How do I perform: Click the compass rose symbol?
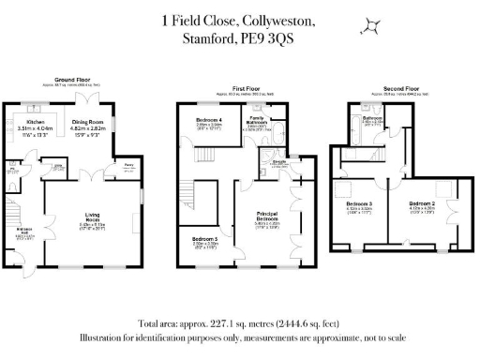coord(372,26)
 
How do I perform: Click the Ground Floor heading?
coord(71,81)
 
